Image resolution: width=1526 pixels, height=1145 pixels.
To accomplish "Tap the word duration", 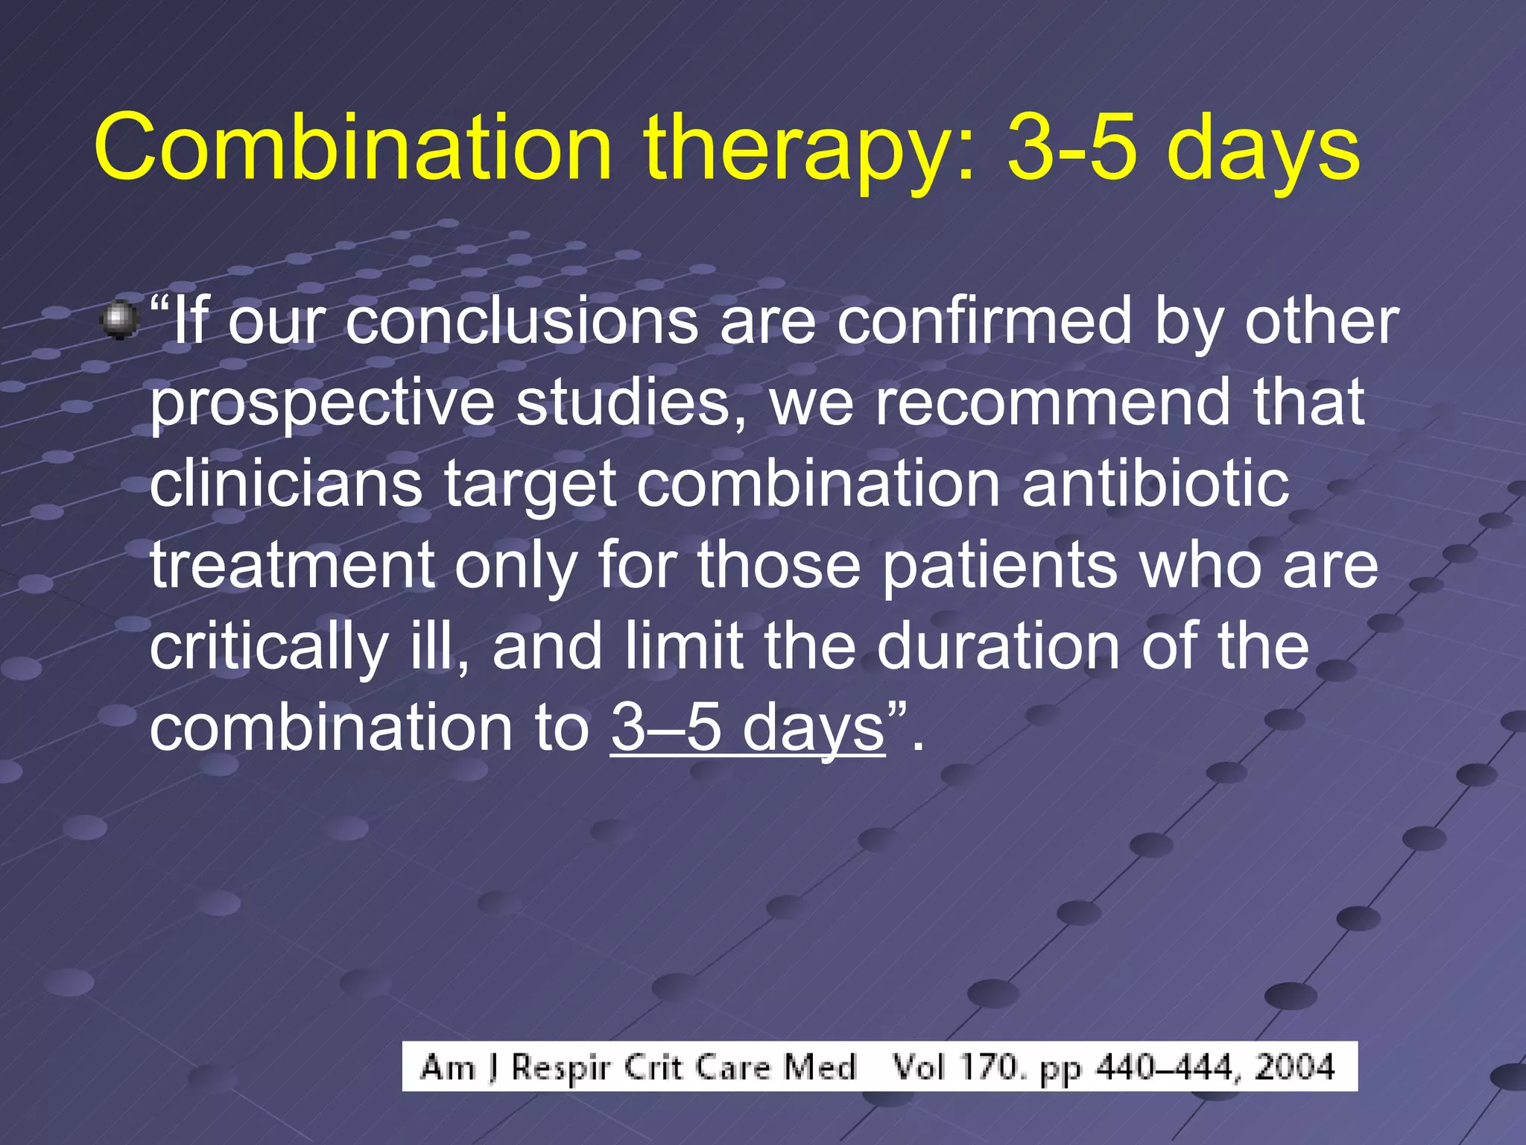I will coord(998,646).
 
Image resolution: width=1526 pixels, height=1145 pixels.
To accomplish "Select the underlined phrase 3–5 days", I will coord(747,728).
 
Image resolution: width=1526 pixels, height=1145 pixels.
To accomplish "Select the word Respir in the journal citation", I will coord(560,1068).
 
